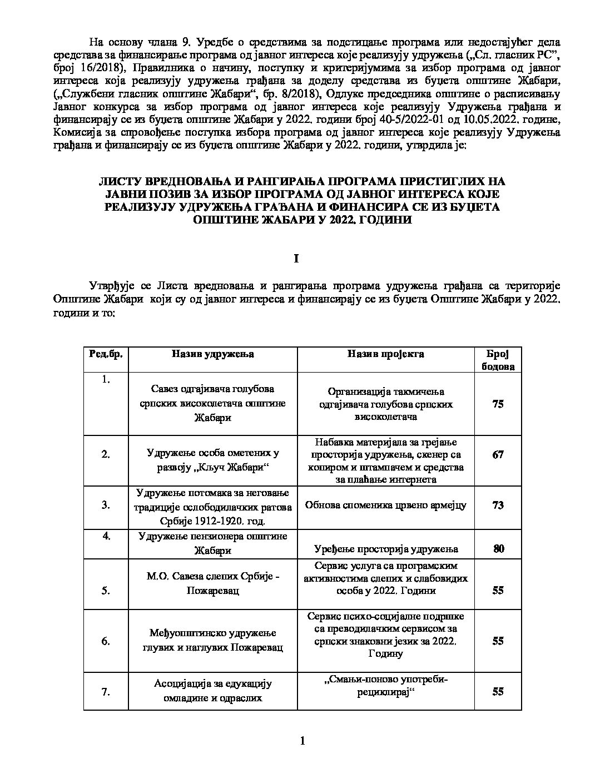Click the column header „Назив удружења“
(x=212, y=354)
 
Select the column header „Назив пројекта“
(x=385, y=354)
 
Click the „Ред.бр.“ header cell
(x=106, y=354)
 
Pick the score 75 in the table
(x=498, y=404)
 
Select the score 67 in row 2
(x=498, y=454)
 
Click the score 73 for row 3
(x=498, y=505)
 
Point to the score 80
(x=498, y=549)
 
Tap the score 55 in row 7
(x=498, y=692)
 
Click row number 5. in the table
(x=106, y=591)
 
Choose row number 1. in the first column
(x=106, y=380)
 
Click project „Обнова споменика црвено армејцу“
(x=385, y=505)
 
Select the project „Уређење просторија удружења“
(x=385, y=549)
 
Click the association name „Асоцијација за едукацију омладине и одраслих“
(x=212, y=691)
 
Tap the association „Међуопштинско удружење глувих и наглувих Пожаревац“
(x=212, y=641)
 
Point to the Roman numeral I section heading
(x=296, y=259)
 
